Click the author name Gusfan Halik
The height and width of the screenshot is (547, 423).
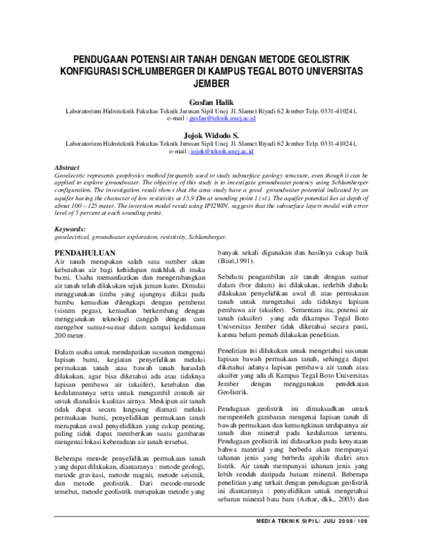pyautogui.click(x=211, y=103)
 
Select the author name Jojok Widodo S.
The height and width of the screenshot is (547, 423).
pyautogui.click(x=211, y=133)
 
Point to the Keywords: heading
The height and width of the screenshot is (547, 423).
pyautogui.click(x=70, y=230)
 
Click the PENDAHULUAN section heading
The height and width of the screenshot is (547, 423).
pyautogui.click(x=86, y=250)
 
